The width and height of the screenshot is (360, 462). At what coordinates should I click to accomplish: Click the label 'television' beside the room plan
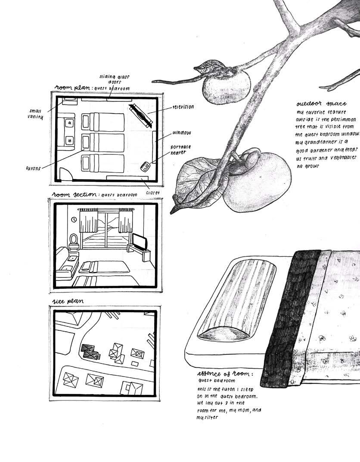pyautogui.click(x=183, y=106)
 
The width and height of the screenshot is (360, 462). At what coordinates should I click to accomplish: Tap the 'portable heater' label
pyautogui.click(x=181, y=150)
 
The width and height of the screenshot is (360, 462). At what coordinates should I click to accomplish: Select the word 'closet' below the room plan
pyautogui.click(x=152, y=193)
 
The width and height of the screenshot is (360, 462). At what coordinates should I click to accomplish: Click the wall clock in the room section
pyautogui.click(x=74, y=219)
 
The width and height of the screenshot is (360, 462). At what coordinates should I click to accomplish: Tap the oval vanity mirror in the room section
pyautogui.click(x=73, y=239)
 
